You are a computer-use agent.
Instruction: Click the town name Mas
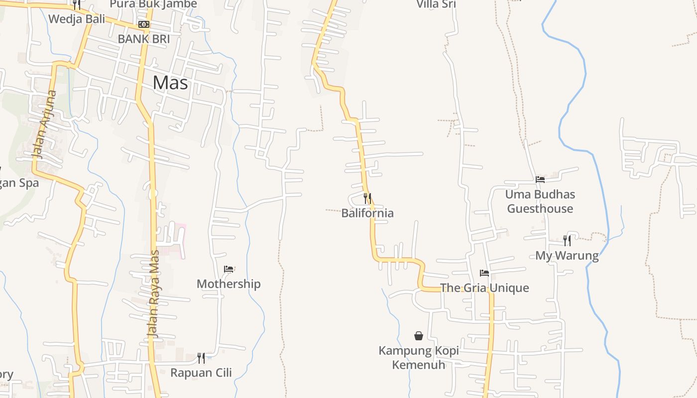coord(170,83)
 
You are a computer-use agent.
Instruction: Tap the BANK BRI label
coord(144,39)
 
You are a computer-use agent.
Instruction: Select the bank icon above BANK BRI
coord(144,24)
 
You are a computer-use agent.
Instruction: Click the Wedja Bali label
coord(77,19)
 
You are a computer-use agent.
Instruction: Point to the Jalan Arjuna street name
coord(45,124)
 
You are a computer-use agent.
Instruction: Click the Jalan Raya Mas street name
coord(155,294)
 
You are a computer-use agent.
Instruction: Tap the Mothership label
coord(229,284)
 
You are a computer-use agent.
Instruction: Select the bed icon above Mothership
coord(229,269)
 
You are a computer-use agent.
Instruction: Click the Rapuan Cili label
coord(201,373)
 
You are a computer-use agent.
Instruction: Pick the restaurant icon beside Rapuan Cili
coord(201,358)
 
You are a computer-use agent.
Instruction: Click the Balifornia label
coord(367,213)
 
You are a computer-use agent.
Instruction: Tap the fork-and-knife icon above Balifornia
coord(367,199)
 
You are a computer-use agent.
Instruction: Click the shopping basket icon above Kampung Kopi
coord(419,336)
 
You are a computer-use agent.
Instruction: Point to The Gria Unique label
coord(484,288)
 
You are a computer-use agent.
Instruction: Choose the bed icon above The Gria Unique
coord(484,273)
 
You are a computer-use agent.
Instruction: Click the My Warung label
coord(567,256)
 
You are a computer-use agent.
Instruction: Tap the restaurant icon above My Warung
coord(567,241)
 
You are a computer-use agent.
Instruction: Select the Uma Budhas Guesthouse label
coord(540,201)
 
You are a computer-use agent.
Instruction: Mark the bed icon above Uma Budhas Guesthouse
coord(540,180)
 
